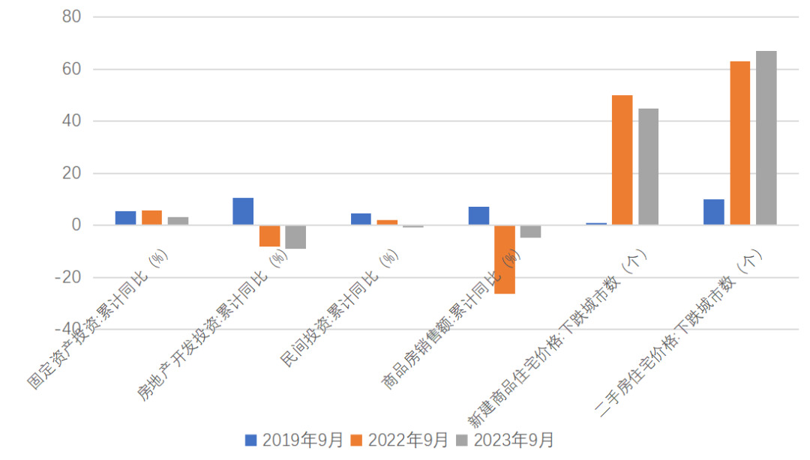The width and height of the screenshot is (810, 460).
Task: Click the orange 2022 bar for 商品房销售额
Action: pyautogui.click(x=505, y=259)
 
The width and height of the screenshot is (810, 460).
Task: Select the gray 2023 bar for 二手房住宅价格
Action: pyautogui.click(x=766, y=138)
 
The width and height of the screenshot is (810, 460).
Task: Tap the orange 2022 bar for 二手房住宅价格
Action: pyautogui.click(x=739, y=143)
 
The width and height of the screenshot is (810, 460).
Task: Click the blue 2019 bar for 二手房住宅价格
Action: pyautogui.click(x=713, y=212)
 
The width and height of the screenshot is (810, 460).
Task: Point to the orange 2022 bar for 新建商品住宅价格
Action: pyautogui.click(x=622, y=160)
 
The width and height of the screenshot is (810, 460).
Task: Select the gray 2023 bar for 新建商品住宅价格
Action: pyautogui.click(x=648, y=166)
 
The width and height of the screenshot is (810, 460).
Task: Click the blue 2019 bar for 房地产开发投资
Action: pyautogui.click(x=243, y=211)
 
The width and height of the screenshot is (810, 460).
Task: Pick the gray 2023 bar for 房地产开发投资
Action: pyautogui.click(x=295, y=237)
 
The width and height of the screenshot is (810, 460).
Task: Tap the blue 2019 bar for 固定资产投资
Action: pyautogui.click(x=125, y=218)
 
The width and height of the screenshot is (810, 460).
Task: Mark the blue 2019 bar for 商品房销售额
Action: pyautogui.click(x=478, y=216)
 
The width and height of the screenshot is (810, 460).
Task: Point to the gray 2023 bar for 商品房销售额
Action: pyautogui.click(x=530, y=231)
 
